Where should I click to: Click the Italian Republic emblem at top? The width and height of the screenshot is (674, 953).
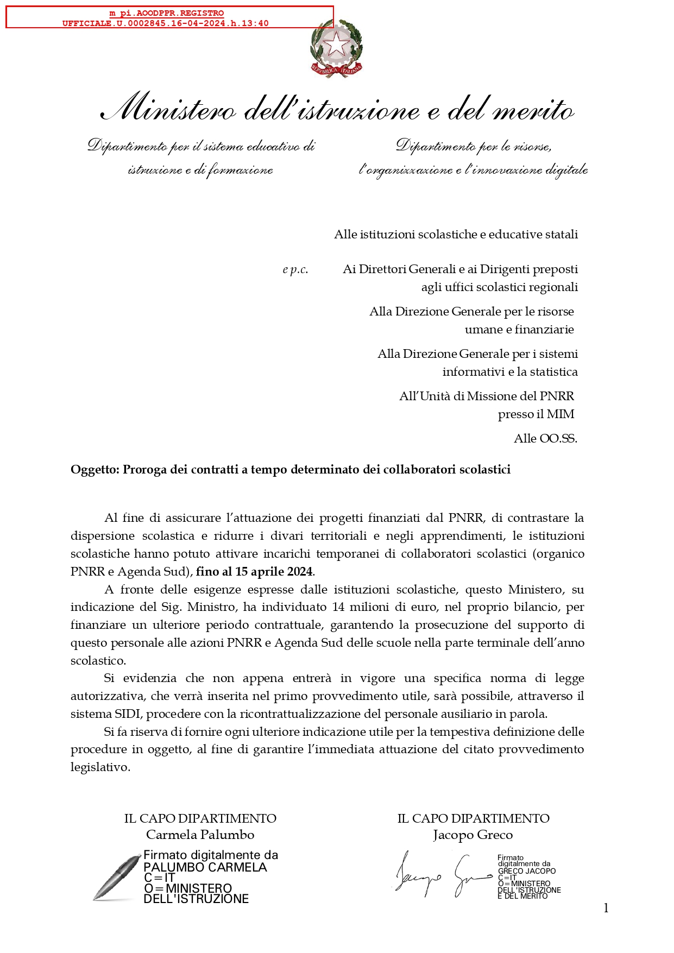(336, 48)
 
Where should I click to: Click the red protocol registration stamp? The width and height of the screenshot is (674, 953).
(169, 17)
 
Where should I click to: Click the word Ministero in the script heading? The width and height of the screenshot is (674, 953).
(169, 108)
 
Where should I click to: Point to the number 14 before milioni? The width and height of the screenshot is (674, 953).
(338, 607)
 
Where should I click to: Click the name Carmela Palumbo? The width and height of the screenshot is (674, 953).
(200, 835)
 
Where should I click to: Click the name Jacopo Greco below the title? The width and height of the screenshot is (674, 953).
(473, 835)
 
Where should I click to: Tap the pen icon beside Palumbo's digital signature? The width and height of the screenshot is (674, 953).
(116, 878)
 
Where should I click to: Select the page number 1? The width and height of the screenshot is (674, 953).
(606, 908)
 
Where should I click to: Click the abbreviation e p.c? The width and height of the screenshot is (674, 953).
(295, 269)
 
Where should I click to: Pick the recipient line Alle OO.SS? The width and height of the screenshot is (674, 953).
(545, 439)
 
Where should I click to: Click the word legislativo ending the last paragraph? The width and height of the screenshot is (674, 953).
(100, 767)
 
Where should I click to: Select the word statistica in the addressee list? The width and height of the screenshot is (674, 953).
(554, 372)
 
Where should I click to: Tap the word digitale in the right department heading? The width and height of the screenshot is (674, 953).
(566, 170)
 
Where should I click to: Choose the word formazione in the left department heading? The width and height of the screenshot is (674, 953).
(240, 170)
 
